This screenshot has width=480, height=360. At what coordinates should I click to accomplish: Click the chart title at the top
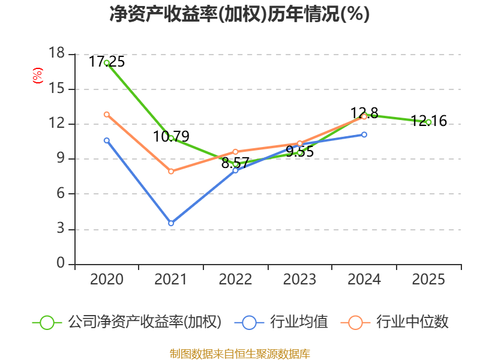pyautogui.click(x=239, y=14)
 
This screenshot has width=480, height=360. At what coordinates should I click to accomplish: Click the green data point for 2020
pyautogui.click(x=107, y=63)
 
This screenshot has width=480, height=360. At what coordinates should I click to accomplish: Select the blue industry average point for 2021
pyautogui.click(x=171, y=223)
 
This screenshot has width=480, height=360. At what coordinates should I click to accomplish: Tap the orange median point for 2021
pyautogui.click(x=171, y=172)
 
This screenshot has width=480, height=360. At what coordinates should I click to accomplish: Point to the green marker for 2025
pyautogui.click(x=428, y=122)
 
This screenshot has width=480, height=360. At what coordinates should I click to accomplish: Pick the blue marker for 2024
pyautogui.click(x=364, y=134)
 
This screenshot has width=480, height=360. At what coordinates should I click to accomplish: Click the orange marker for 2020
pyautogui.click(x=107, y=115)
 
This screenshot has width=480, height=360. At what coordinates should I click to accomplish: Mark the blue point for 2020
pyautogui.click(x=107, y=140)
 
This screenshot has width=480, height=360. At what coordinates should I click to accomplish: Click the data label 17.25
pyautogui.click(x=107, y=62)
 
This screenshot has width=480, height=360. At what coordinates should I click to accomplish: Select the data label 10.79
pyautogui.click(x=171, y=137)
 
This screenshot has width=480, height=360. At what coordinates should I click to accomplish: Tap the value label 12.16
pyautogui.click(x=428, y=121)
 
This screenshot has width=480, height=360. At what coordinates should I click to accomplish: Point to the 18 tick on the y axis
pyautogui.click(x=56, y=53)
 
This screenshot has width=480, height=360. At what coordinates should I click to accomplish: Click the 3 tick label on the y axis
pyautogui.click(x=61, y=229)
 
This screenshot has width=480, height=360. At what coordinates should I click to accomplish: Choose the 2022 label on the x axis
pyautogui.click(x=235, y=279)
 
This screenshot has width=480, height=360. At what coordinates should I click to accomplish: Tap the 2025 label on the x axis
pyautogui.click(x=428, y=279)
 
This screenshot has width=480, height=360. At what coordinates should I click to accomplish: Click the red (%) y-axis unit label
pyautogui.click(x=38, y=76)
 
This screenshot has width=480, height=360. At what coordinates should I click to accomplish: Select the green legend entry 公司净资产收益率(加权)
pyautogui.click(x=127, y=322)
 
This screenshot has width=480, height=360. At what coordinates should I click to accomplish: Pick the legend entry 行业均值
pyautogui.click(x=281, y=322)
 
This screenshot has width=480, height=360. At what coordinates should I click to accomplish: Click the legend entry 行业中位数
pyautogui.click(x=395, y=322)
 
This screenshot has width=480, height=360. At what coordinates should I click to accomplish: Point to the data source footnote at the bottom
pyautogui.click(x=240, y=354)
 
